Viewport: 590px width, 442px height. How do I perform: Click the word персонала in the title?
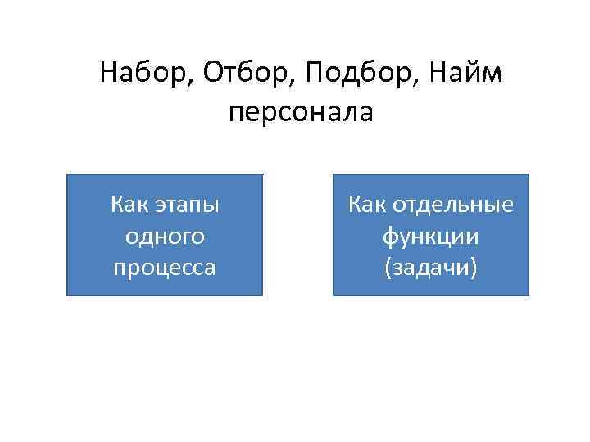tap(301, 112)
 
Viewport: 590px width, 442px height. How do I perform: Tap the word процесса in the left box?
tap(164, 268)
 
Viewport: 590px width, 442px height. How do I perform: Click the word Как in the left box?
tap(128, 204)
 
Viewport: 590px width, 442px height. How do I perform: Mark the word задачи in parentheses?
tap(431, 268)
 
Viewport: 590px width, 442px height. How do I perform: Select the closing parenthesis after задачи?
tap(473, 268)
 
